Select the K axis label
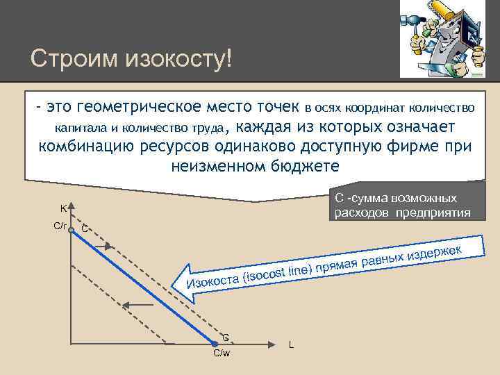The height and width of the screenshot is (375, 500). pyautogui.click(x=62, y=208)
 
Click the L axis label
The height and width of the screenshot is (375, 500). pyautogui.click(x=291, y=345)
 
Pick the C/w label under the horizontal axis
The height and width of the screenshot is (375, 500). pyautogui.click(x=222, y=353)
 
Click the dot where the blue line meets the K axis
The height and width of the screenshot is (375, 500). pyautogui.click(x=71, y=228)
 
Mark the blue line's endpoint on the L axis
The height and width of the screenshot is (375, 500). pyautogui.click(x=215, y=342)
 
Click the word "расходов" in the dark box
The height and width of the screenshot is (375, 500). pyautogui.click(x=362, y=212)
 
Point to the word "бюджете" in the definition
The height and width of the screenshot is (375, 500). pyautogui.click(x=299, y=166)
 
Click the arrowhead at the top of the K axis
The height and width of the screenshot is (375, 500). pyautogui.click(x=71, y=206)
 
